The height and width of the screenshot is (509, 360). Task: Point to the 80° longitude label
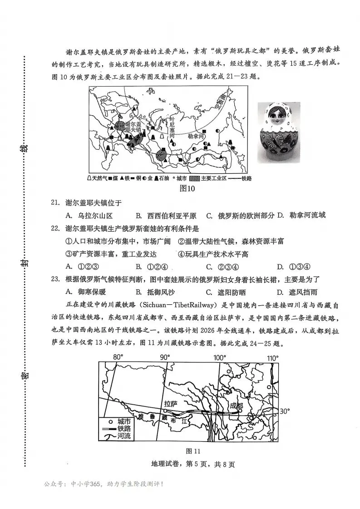(x=118, y=357)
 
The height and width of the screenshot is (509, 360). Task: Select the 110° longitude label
(x=272, y=358)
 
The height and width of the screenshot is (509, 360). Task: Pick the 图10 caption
(x=187, y=189)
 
